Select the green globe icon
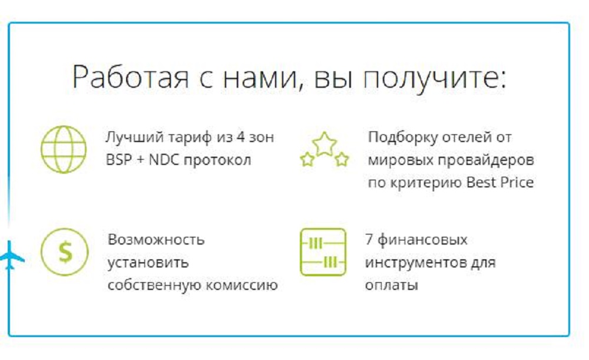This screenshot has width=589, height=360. tap(64, 149)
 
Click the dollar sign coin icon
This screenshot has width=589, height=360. tap(65, 252)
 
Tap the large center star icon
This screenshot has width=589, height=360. tap(324, 144)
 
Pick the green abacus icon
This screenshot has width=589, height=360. tap(323, 252)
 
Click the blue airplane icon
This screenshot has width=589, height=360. tap(11, 256)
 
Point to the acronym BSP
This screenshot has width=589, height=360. tap(118, 160)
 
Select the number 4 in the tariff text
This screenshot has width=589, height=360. tap(240, 137)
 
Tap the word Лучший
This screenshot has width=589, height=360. tap(134, 137)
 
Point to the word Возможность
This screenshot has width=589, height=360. tap(156, 240)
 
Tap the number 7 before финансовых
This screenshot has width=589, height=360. tap(369, 240)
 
